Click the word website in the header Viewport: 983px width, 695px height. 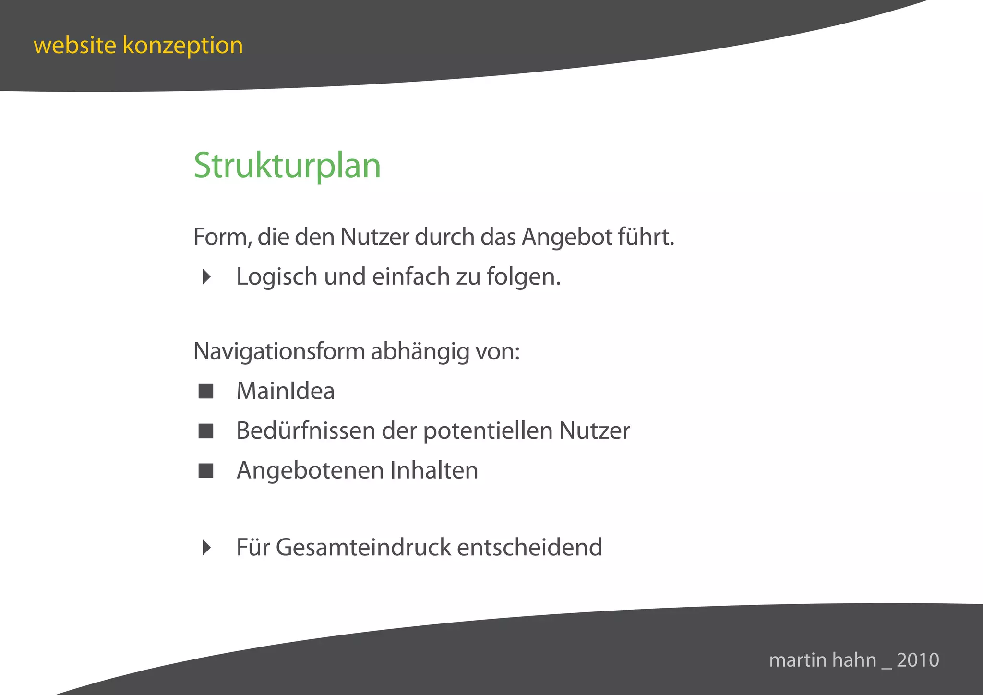(x=75, y=46)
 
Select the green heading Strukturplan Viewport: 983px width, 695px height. (x=287, y=166)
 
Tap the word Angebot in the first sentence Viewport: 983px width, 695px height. (x=567, y=237)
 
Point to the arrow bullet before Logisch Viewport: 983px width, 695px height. (x=206, y=276)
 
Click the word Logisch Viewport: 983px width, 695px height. (x=277, y=277)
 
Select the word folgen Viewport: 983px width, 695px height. (x=524, y=277)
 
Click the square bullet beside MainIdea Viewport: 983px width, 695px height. (x=206, y=391)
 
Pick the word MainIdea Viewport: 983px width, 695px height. (x=286, y=391)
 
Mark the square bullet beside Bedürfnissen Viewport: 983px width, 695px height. (x=206, y=431)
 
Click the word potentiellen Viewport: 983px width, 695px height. (x=488, y=431)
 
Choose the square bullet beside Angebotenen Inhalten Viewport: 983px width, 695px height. (x=206, y=471)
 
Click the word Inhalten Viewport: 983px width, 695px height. (x=434, y=470)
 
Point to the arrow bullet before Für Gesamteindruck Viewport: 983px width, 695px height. (x=206, y=547)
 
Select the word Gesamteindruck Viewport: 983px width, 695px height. (x=363, y=547)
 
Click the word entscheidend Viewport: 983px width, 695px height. (x=529, y=547)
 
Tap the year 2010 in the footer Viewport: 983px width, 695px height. (x=918, y=660)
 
